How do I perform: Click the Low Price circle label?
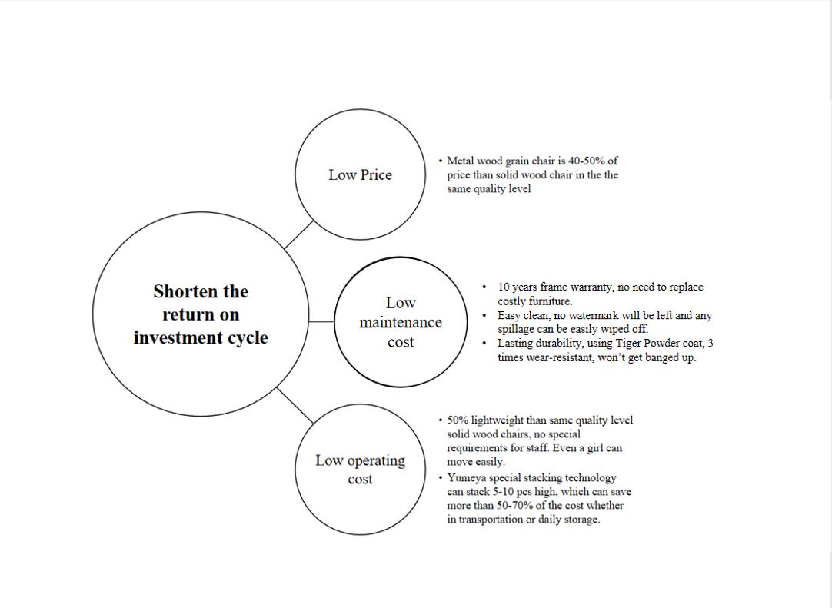pyautogui.click(x=360, y=175)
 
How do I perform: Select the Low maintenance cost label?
pyautogui.click(x=400, y=323)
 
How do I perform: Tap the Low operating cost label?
pyautogui.click(x=360, y=470)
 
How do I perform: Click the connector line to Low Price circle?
pyautogui.click(x=299, y=234)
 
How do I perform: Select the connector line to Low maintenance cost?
pyautogui.click(x=321, y=321)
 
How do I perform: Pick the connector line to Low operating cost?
pyautogui.click(x=295, y=405)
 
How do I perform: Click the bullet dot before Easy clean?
pyautogui.click(x=484, y=316)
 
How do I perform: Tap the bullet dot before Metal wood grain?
pyautogui.click(x=441, y=161)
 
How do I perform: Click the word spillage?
pyautogui.click(x=518, y=330)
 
